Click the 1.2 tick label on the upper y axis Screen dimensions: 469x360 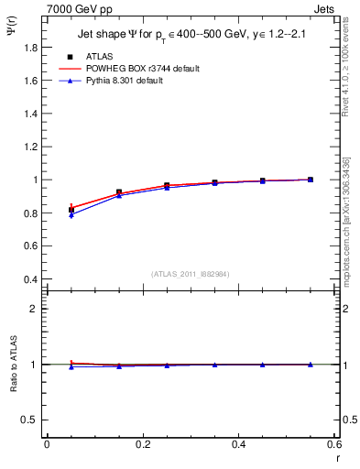(30, 147)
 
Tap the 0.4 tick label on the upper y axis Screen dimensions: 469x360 (30, 279)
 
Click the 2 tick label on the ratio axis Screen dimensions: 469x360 (35, 309)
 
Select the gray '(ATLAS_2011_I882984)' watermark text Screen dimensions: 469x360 (190, 274)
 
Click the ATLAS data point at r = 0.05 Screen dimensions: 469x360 (71, 210)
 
